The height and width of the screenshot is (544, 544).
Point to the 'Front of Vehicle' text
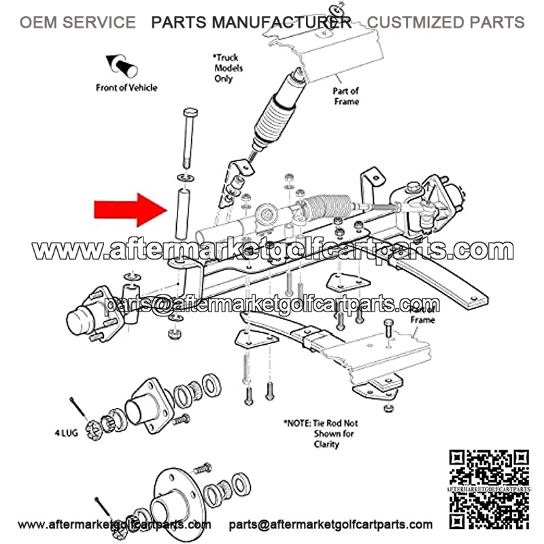pyautogui.click(x=126, y=87)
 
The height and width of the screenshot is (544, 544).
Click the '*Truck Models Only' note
pyautogui.click(x=228, y=69)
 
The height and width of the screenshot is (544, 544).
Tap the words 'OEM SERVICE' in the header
pyautogui.click(x=77, y=22)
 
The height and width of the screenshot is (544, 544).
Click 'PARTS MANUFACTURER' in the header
pyautogui.click(x=251, y=22)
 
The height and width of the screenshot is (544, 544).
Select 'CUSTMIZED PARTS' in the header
pyautogui.click(x=445, y=22)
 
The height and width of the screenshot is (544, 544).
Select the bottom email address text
pyautogui.click(x=330, y=524)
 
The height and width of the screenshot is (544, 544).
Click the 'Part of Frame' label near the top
pyautogui.click(x=345, y=96)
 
